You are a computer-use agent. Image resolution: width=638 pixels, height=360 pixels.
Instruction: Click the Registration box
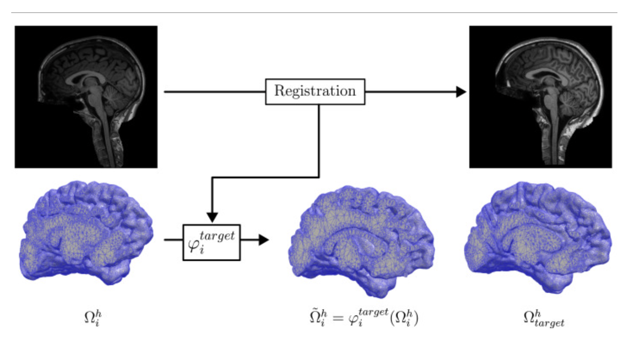[x=315, y=91]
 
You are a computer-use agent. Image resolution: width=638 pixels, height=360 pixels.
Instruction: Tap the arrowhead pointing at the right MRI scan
[x=461, y=92]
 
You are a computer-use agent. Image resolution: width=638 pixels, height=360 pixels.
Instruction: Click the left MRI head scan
[x=86, y=97]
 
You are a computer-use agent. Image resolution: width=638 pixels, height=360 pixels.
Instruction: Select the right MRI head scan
[x=540, y=97]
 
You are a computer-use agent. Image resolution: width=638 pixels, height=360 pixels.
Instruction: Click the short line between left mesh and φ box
[x=173, y=240]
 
